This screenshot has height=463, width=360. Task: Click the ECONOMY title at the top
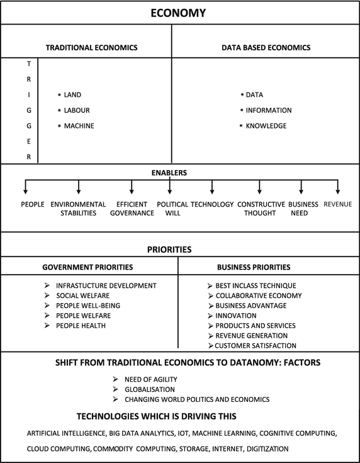[x=181, y=13]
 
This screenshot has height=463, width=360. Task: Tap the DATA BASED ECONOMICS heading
[x=266, y=48]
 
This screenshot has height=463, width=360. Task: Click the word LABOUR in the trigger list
[x=77, y=110]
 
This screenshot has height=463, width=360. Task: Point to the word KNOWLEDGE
[x=266, y=126]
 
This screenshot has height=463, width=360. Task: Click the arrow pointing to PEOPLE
[x=25, y=187]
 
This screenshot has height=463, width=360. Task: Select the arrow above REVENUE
[x=339, y=187]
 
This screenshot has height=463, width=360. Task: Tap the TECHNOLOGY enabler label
[x=212, y=205]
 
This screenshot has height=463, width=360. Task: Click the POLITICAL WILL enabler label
[x=172, y=209]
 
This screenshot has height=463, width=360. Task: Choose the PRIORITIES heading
[x=181, y=249]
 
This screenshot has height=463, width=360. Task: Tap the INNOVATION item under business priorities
[x=236, y=316]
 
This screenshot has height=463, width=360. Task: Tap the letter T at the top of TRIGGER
[x=29, y=64]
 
